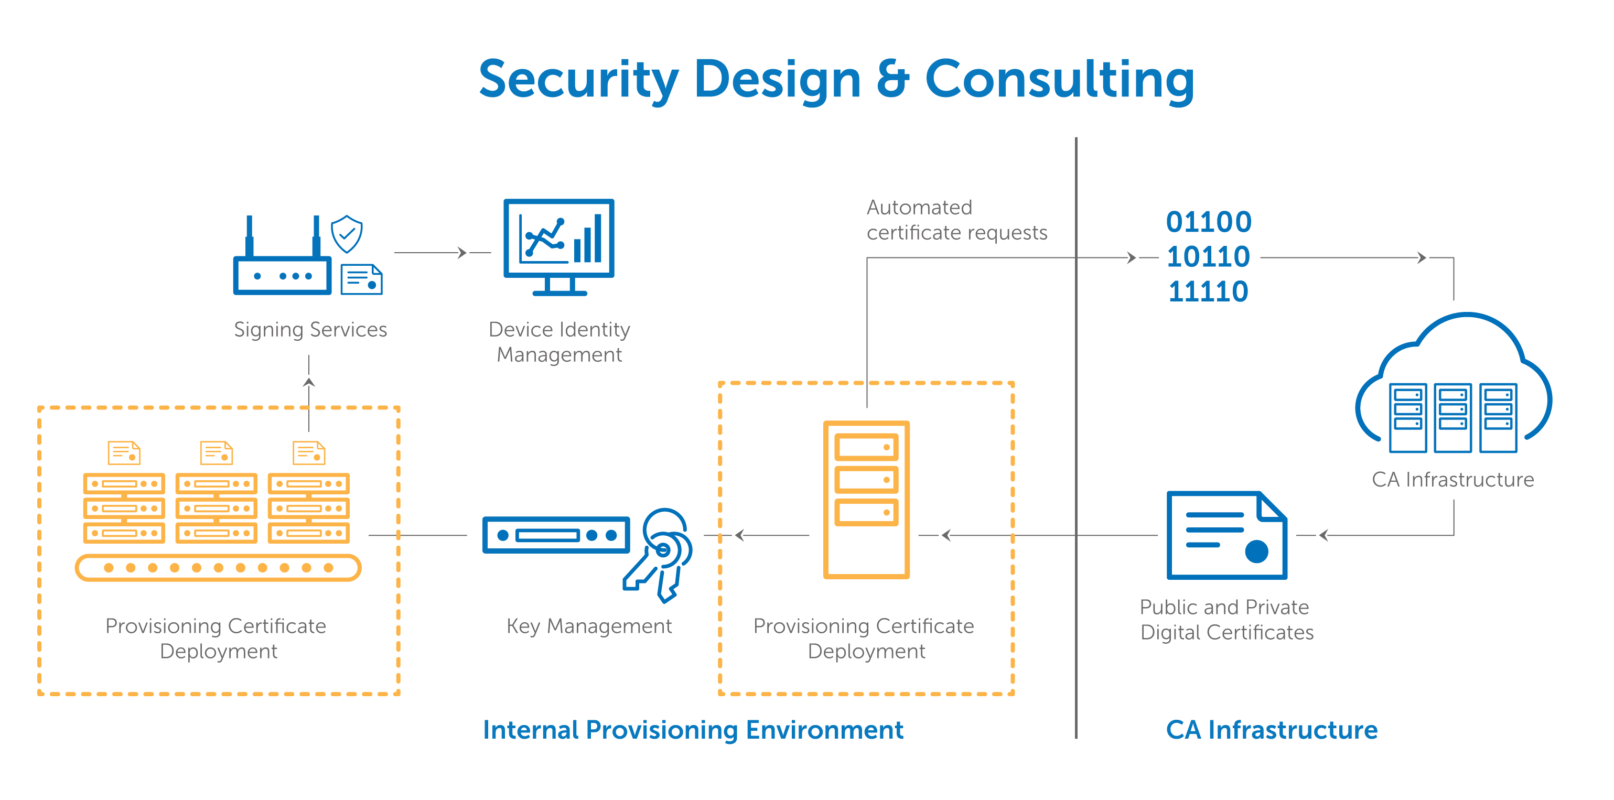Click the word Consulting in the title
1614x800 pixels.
coord(1060,80)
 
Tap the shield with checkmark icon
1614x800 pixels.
coord(347,234)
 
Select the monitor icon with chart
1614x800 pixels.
coord(559,247)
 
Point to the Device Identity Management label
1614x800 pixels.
coord(559,342)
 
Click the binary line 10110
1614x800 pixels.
coord(1208,257)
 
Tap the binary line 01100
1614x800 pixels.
coord(1209,222)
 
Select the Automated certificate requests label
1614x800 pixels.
coord(957,220)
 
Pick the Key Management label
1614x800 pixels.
coord(589,626)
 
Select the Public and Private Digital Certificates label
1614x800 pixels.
coord(1226,620)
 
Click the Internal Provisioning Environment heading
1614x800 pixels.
coord(693,730)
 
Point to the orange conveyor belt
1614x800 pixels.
coord(218,568)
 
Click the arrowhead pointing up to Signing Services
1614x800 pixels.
coord(309,382)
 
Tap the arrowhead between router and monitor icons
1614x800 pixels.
coord(462,253)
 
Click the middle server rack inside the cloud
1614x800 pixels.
coord(1452,418)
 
